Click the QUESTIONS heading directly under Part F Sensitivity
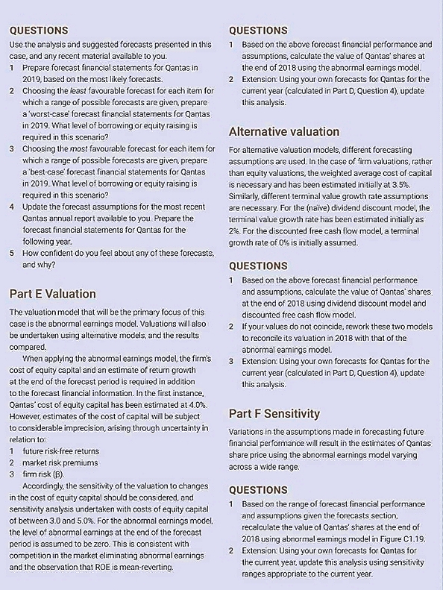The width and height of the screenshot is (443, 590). (x=258, y=490)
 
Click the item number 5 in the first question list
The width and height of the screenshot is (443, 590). (x=11, y=252)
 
